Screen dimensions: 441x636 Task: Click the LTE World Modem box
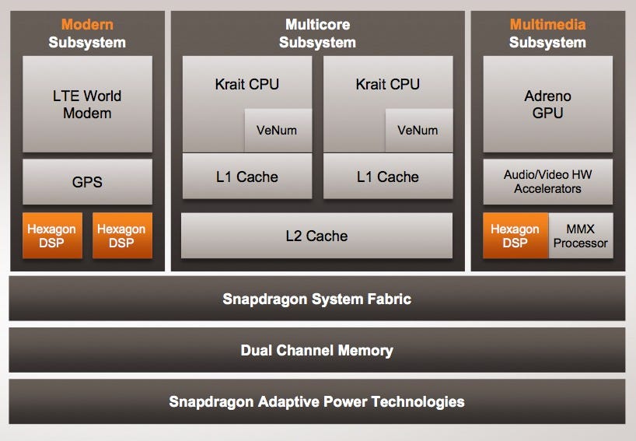click(87, 104)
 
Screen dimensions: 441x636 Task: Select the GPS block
click(87, 183)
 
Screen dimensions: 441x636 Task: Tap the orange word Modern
click(87, 24)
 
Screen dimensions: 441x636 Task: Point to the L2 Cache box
click(316, 236)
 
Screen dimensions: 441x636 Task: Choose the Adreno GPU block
click(547, 104)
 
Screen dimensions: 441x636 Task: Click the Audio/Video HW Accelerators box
click(547, 182)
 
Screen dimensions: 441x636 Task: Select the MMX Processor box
click(581, 236)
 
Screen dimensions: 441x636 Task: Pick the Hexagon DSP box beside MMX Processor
click(515, 236)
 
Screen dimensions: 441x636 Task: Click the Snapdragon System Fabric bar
click(316, 299)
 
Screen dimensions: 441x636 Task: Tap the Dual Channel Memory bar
click(316, 350)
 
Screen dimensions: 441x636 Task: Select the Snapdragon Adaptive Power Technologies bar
click(316, 401)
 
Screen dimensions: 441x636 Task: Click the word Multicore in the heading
click(316, 24)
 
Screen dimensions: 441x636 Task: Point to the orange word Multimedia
click(547, 24)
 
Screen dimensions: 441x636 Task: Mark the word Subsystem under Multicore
click(316, 43)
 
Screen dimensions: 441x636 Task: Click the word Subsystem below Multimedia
click(547, 43)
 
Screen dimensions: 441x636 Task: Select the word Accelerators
click(547, 189)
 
